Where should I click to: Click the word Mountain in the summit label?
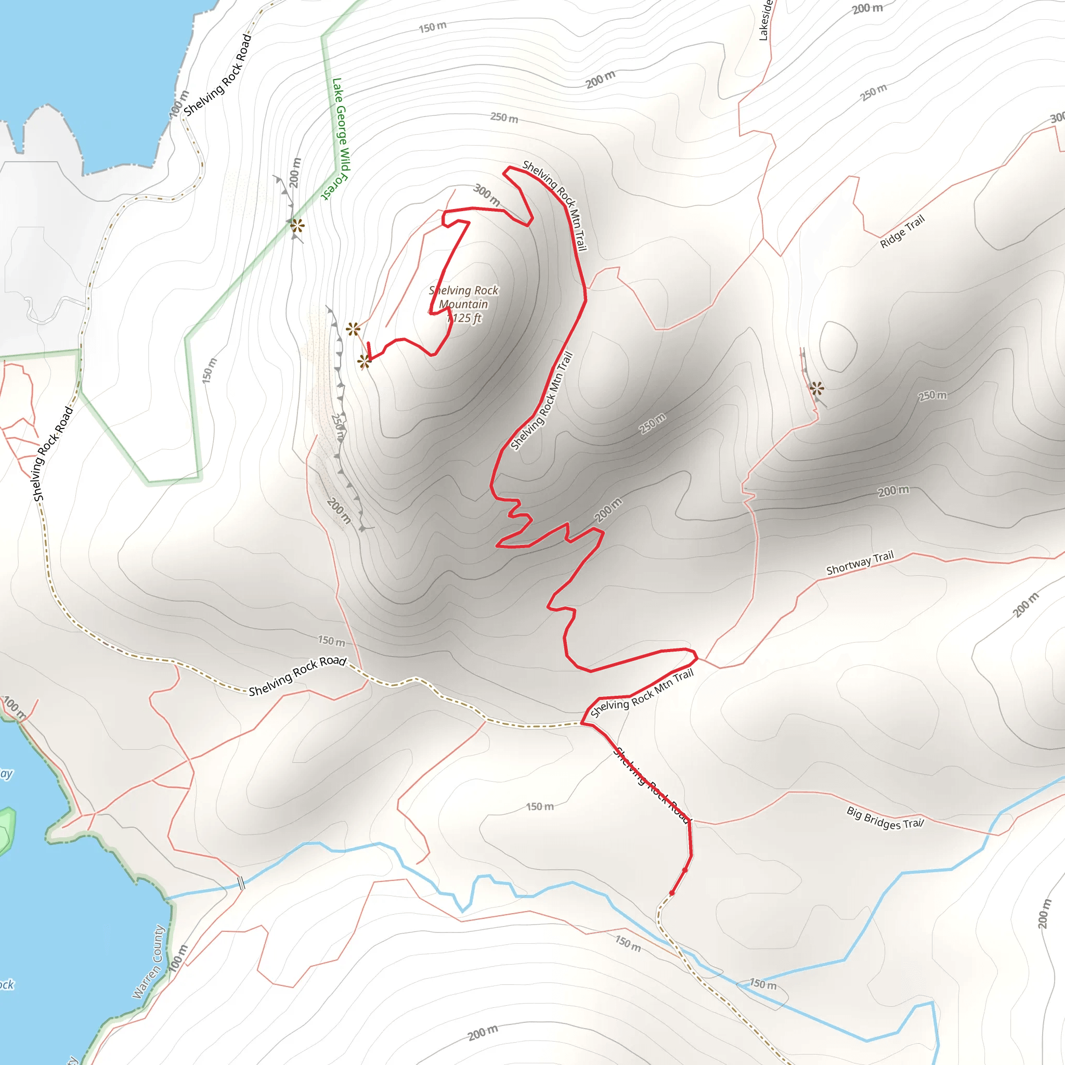(463, 304)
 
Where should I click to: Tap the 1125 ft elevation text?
(464, 318)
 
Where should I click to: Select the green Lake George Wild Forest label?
(339, 138)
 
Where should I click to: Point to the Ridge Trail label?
(902, 231)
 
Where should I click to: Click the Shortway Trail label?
(860, 563)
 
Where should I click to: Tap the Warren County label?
(148, 962)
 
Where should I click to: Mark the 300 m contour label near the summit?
(486, 194)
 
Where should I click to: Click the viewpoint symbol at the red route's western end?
(365, 361)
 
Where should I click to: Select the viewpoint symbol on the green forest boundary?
(297, 226)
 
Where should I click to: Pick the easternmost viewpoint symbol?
(817, 388)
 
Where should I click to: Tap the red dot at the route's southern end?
(672, 892)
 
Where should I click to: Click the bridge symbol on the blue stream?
(241, 883)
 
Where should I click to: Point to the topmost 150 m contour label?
(433, 27)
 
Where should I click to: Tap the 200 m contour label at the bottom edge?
(483, 1032)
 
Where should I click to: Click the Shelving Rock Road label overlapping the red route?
(652, 785)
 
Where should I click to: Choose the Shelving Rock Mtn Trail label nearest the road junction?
(642, 694)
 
